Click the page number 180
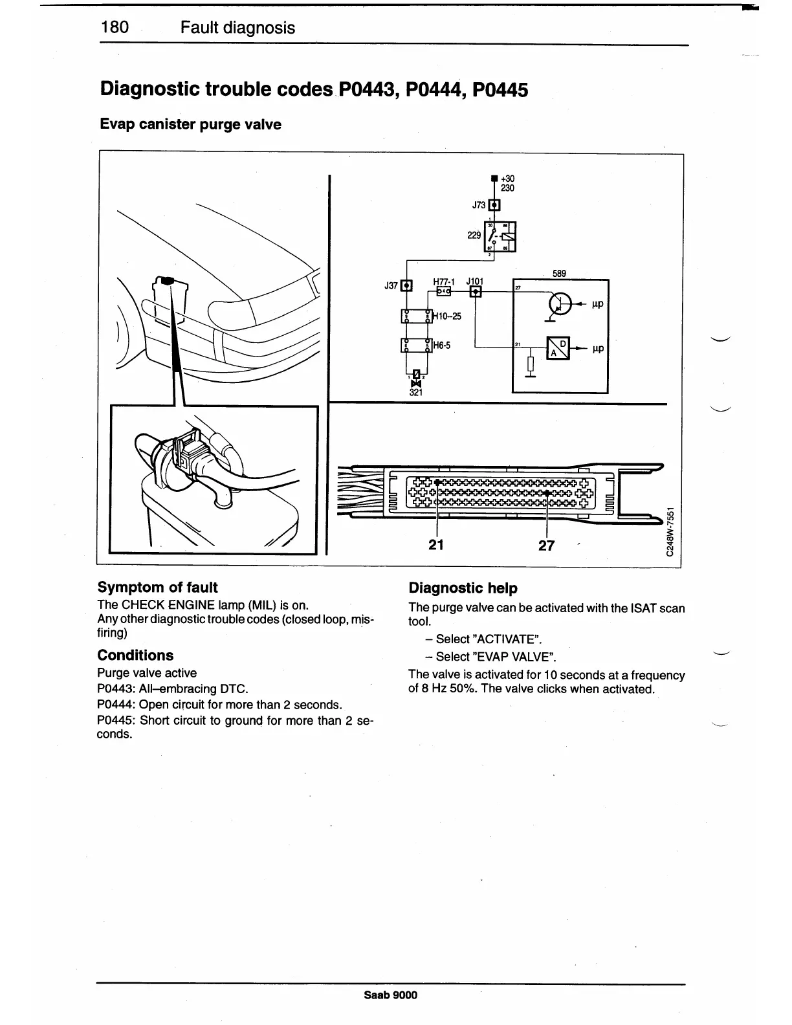pyautogui.click(x=116, y=27)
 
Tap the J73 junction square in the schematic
pyautogui.click(x=494, y=205)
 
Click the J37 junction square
pyautogui.click(x=406, y=285)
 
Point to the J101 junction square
pyautogui.click(x=476, y=292)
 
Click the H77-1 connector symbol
pyautogui.click(x=445, y=292)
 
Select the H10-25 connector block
pyautogui.click(x=416, y=316)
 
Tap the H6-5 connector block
pyautogui.click(x=416, y=346)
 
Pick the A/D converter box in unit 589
pyautogui.click(x=558, y=348)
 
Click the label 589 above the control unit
pyautogui.click(x=559, y=274)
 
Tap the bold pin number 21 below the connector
pyautogui.click(x=436, y=545)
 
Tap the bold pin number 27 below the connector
pyautogui.click(x=547, y=546)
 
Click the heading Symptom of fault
pyautogui.click(x=157, y=588)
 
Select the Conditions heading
pyautogui.click(x=135, y=655)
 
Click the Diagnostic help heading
pyautogui.click(x=463, y=588)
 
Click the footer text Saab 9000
pyautogui.click(x=391, y=995)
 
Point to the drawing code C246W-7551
pyautogui.click(x=672, y=529)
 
